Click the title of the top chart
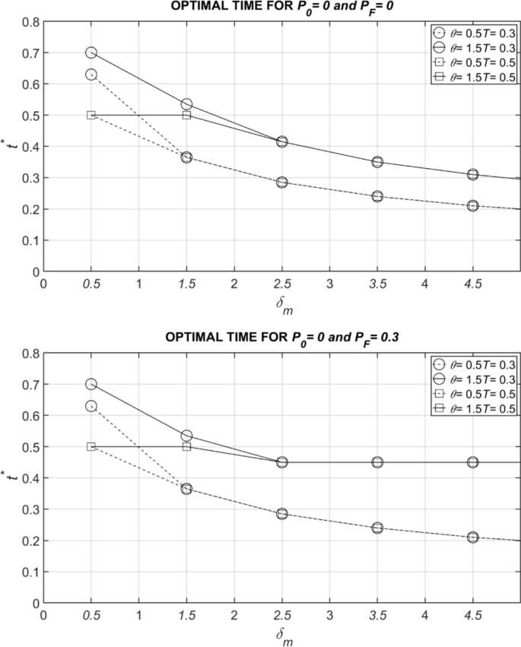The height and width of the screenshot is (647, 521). [x=281, y=8]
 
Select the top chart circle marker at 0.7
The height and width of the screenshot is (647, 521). [x=91, y=52]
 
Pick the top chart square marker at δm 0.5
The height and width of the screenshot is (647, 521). [x=91, y=115]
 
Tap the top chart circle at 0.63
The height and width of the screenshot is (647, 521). [x=91, y=75]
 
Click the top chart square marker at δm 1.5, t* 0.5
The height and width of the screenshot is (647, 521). [x=186, y=115]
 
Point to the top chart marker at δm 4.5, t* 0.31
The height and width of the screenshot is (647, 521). [x=473, y=174]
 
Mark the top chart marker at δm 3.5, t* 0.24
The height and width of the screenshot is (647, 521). [x=377, y=196]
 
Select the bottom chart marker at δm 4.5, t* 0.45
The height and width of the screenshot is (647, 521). [x=473, y=462]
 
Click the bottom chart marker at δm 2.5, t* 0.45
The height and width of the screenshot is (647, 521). [x=282, y=462]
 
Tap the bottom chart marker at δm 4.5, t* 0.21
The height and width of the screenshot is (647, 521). [x=473, y=538]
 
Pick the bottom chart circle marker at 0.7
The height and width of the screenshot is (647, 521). [x=91, y=384]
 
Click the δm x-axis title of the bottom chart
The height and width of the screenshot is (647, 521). [x=282, y=633]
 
